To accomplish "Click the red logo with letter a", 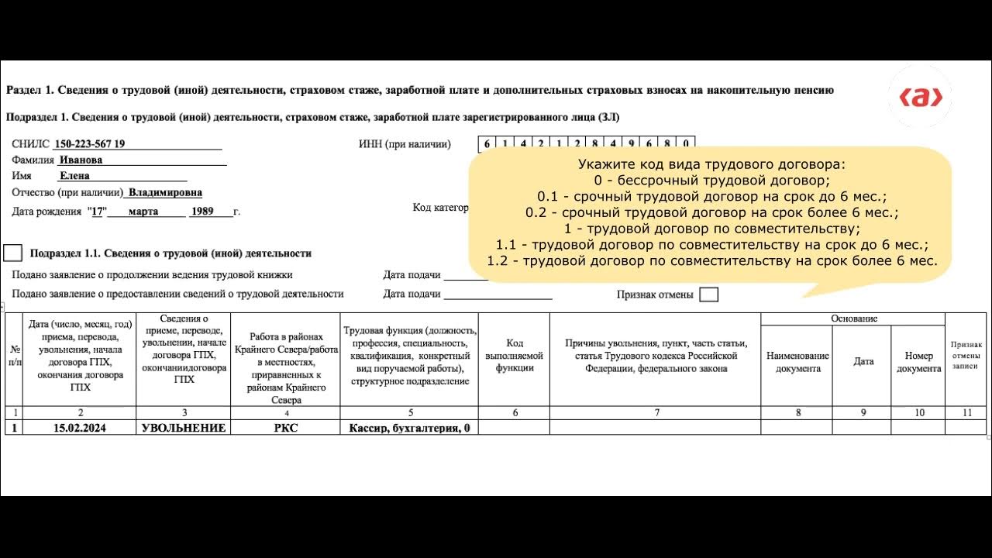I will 920,98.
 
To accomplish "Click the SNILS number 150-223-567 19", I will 90,144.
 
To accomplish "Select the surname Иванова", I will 81,160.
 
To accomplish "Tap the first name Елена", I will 74,175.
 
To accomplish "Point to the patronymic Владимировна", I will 165,192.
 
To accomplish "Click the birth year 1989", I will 201,211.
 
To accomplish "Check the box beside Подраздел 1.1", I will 13,253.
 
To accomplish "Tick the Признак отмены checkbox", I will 708,294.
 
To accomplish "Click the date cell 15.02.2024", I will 79,428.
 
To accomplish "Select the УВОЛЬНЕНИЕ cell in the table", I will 184,428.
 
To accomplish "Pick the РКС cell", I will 285,428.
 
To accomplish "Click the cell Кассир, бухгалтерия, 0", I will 409,428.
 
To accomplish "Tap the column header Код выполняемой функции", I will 515,356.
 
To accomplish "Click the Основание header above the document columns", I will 853,319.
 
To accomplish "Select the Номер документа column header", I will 918,362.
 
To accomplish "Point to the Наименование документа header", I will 797,362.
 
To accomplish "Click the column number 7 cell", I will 656,413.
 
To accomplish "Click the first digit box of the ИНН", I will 487,143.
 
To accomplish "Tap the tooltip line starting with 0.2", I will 712,212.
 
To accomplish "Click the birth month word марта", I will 143,211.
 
